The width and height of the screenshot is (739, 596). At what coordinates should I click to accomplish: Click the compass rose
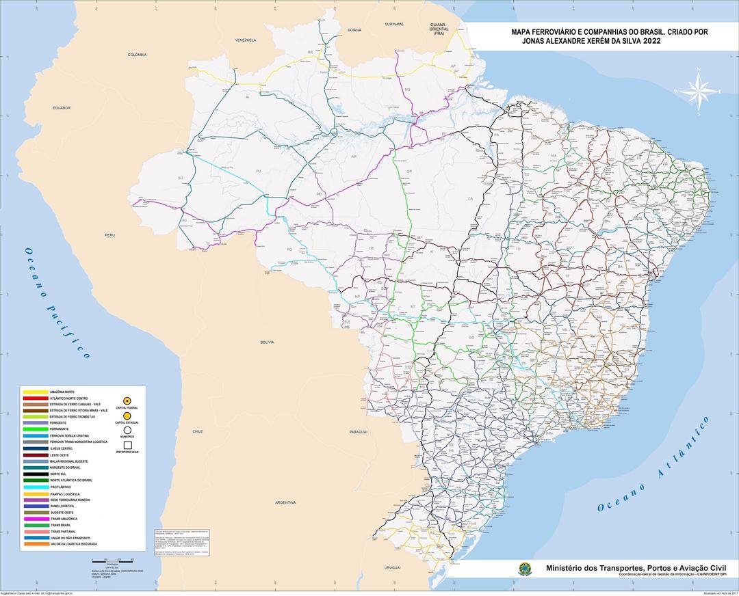(x=698, y=91)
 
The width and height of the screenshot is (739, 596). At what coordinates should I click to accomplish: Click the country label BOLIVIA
(x=266, y=342)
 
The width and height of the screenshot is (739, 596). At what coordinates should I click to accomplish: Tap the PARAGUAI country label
(x=358, y=432)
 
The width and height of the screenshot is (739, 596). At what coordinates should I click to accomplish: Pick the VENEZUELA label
(x=245, y=40)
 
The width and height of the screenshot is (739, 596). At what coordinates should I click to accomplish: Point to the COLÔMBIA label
(x=137, y=54)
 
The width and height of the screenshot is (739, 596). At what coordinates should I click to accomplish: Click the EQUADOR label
(x=62, y=108)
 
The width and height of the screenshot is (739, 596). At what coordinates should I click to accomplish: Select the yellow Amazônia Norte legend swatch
(x=35, y=392)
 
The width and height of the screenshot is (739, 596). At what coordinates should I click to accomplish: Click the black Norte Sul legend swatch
(x=35, y=474)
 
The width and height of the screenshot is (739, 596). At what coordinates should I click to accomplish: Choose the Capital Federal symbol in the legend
(x=127, y=400)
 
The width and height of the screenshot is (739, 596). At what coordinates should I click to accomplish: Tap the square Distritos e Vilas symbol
(x=127, y=445)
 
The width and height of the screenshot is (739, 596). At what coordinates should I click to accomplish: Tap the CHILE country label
(x=198, y=432)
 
